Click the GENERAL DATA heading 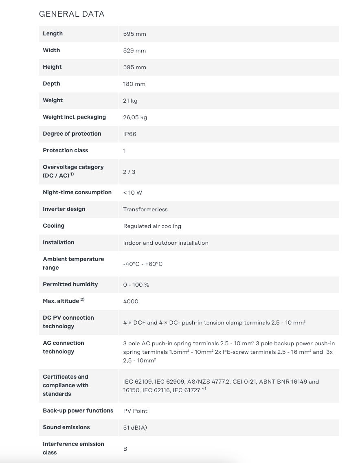click(72, 14)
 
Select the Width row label click(51, 50)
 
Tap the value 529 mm click(134, 50)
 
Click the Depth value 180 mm click(134, 84)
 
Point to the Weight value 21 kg click(130, 101)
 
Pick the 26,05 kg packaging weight click(135, 117)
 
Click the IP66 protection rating click(130, 134)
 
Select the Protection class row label click(66, 150)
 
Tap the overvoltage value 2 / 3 click(129, 172)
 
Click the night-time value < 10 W click(132, 193)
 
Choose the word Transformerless click(145, 209)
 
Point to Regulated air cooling click(152, 226)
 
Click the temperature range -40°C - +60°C click(143, 264)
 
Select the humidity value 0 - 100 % click(136, 285)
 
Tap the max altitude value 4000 click(131, 301)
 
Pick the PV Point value click(135, 411)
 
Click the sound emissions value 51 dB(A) click(135, 428)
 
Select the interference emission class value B click(125, 449)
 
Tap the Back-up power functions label click(78, 410)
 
